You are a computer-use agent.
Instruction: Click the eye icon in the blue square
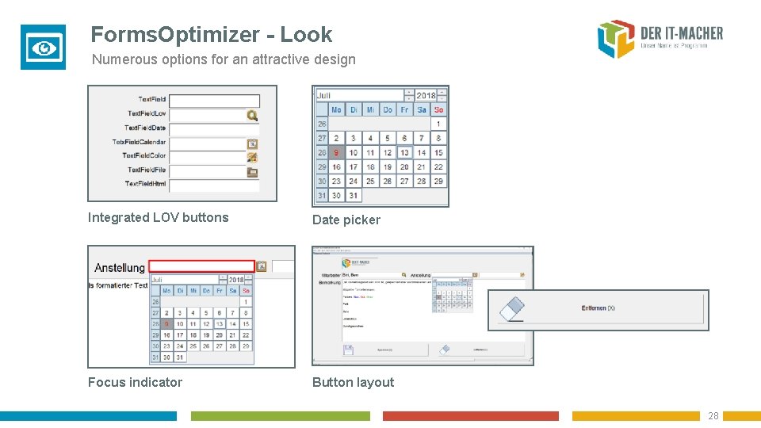pyautogui.click(x=43, y=48)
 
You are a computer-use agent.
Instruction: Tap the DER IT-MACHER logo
pyautogui.click(x=660, y=39)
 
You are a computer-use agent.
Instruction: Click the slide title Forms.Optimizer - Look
pyautogui.click(x=211, y=35)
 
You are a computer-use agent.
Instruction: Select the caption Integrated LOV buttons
pyautogui.click(x=158, y=217)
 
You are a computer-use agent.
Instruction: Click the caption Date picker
pyautogui.click(x=346, y=220)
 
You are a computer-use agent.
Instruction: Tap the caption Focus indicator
pyautogui.click(x=135, y=382)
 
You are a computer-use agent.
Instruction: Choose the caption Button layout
pyautogui.click(x=353, y=382)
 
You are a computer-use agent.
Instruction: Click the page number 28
pyautogui.click(x=713, y=416)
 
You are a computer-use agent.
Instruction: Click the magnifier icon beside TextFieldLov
pyautogui.click(x=252, y=115)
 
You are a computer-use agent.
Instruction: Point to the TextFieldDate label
pyautogui.click(x=145, y=128)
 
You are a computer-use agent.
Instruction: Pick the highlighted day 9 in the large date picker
pyautogui.click(x=336, y=152)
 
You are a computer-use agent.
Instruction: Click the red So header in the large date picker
pyautogui.click(x=438, y=109)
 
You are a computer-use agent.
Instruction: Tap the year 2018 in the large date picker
pyautogui.click(x=426, y=95)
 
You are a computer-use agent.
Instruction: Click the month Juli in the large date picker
pyautogui.click(x=324, y=95)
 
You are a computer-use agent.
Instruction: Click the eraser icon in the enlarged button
pyautogui.click(x=512, y=309)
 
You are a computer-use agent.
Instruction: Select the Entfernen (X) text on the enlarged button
pyautogui.click(x=598, y=308)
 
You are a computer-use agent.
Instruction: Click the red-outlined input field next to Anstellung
pyautogui.click(x=201, y=266)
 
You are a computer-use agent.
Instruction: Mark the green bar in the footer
pyautogui.click(x=280, y=416)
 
